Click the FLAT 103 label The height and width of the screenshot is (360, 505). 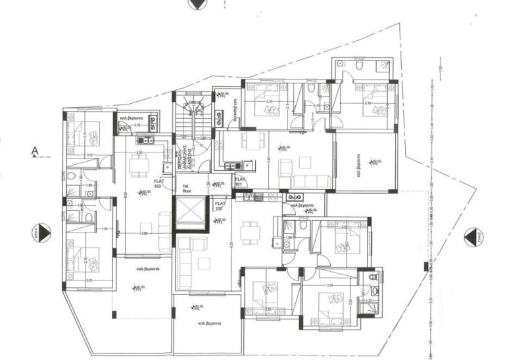tap(158, 183)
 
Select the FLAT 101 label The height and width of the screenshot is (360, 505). tap(240, 181)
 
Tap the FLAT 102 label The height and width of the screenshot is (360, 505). tap(220, 206)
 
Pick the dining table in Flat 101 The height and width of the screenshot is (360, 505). tap(250, 142)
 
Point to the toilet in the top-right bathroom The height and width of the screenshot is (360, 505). tap(359, 65)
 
